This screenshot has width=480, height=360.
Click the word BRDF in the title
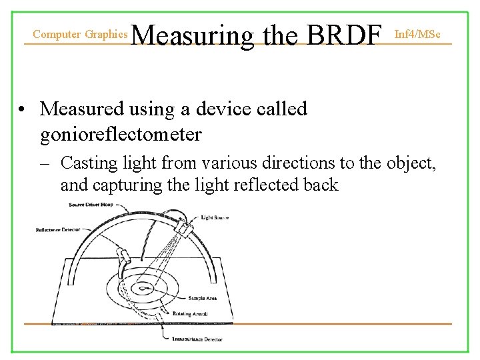[x=345, y=34]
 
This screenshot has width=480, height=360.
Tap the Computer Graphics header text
[x=80, y=33]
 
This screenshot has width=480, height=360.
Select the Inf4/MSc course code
[x=417, y=33]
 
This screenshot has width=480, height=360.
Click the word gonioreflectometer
[x=121, y=134]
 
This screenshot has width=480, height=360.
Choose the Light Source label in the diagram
[x=215, y=218]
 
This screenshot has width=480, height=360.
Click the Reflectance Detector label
[x=58, y=230]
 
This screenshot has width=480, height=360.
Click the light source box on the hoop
[x=185, y=228]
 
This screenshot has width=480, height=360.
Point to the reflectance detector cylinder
[x=125, y=257]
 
